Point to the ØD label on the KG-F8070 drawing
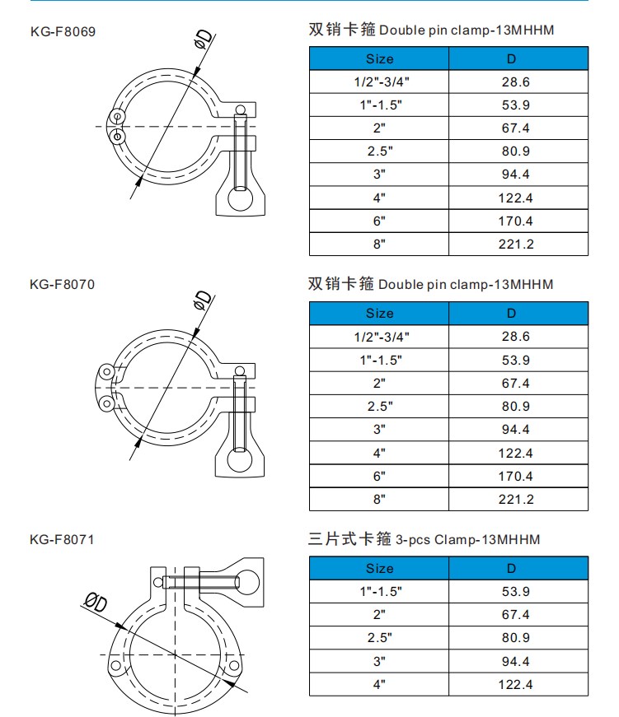click(x=202, y=301)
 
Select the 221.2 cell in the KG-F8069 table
click(x=516, y=244)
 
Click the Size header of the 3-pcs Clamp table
click(x=379, y=568)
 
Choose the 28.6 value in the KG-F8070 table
click(x=516, y=337)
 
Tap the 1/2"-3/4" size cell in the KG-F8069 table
click(x=379, y=81)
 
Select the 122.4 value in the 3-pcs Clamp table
click(x=516, y=684)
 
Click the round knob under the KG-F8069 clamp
click(x=240, y=200)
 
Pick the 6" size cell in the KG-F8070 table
click(x=379, y=476)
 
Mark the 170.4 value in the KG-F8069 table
click(x=516, y=221)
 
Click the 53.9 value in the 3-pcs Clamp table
click(x=516, y=592)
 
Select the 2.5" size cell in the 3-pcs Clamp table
click(x=379, y=638)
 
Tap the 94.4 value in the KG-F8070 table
click(x=516, y=430)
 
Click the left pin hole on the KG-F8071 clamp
click(x=115, y=665)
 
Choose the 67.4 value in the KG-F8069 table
click(x=516, y=128)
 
